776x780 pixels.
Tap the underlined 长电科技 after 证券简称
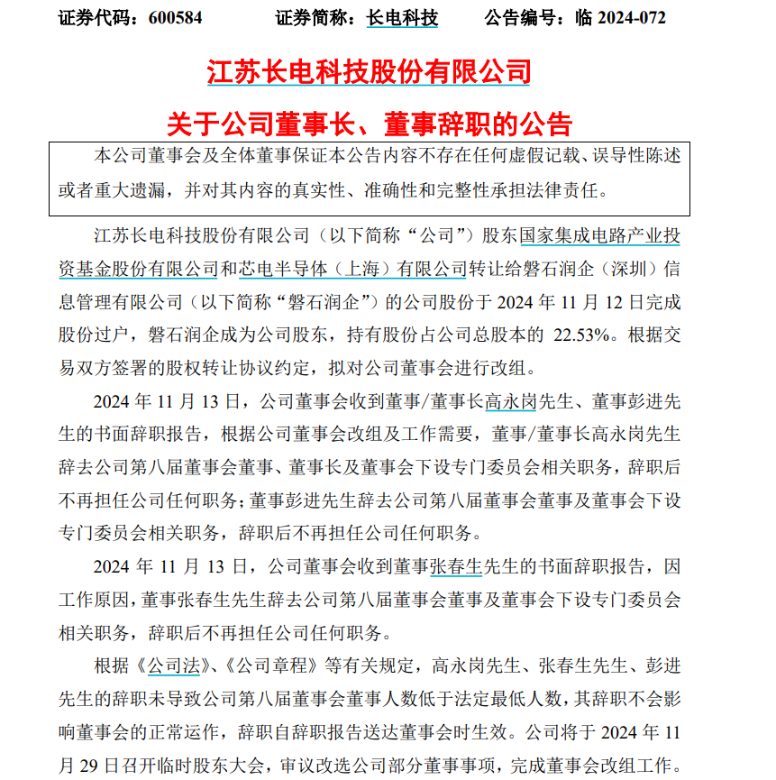[402, 17]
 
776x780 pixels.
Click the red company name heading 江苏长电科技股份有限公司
[370, 72]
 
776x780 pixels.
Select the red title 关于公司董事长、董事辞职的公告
[370, 124]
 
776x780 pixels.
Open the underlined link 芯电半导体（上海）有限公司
[343, 269]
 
